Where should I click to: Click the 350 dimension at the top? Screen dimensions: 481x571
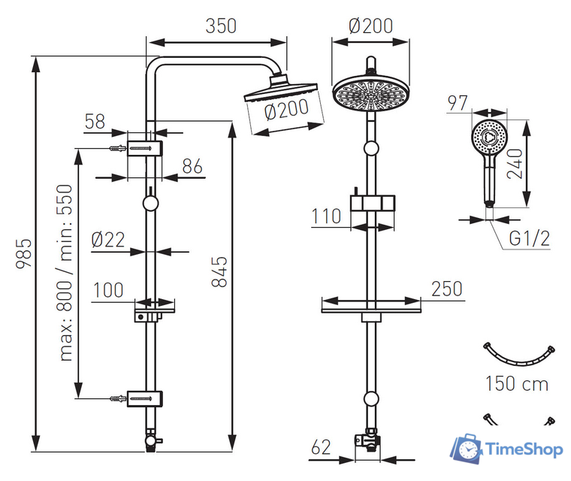click(221, 26)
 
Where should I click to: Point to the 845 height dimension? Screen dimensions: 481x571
click(219, 271)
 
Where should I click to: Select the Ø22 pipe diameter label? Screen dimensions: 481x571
click(107, 240)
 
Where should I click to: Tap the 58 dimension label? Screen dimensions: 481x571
click(95, 122)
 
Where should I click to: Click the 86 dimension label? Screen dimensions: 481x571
click(193, 166)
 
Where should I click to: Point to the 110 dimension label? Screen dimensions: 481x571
click(326, 216)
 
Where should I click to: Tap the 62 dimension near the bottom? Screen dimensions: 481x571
click(321, 448)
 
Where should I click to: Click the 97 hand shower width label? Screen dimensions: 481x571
click(458, 103)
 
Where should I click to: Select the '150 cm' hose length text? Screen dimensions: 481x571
click(516, 384)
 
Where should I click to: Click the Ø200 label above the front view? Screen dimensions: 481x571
click(370, 26)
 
